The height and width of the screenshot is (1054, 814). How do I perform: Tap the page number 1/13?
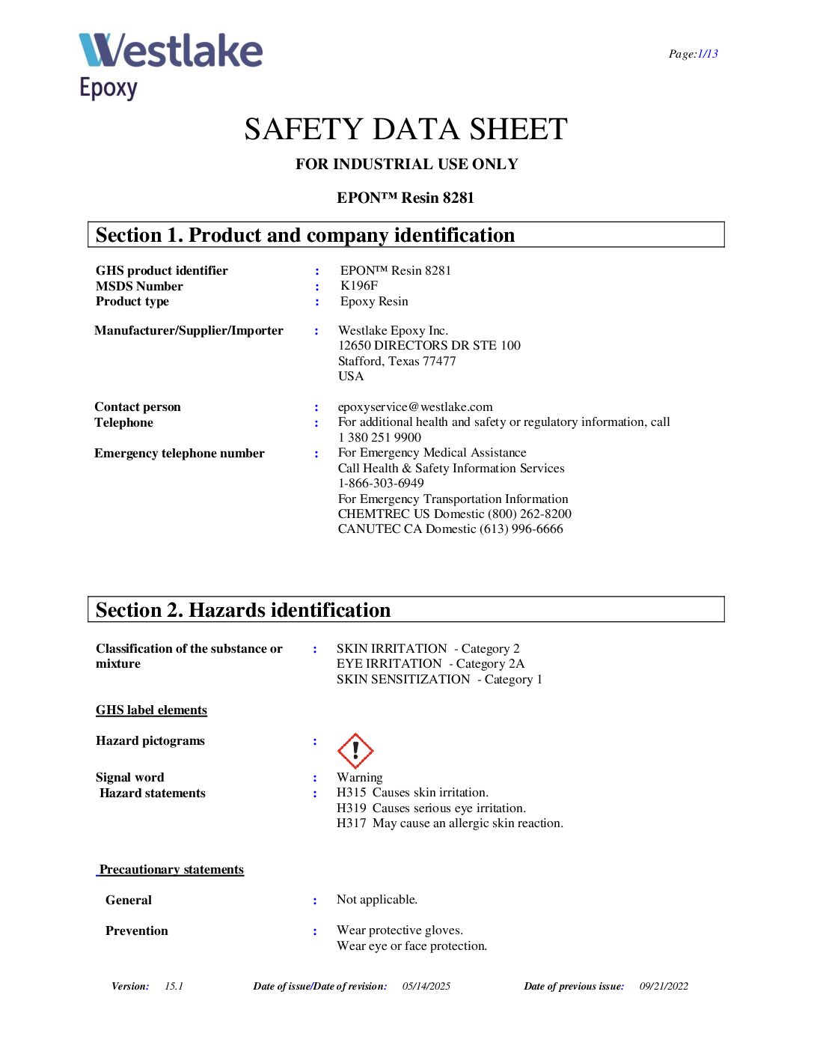pos(707,54)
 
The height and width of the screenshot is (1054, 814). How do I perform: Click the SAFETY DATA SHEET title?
pos(406,130)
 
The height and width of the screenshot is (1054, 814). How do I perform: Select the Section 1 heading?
pos(305,235)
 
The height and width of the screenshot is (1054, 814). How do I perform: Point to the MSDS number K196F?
pos(359,285)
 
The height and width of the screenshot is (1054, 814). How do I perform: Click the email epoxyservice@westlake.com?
pos(415,406)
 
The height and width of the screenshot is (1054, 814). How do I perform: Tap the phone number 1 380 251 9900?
pos(379,437)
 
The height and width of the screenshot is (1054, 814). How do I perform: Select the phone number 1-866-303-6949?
pos(381,483)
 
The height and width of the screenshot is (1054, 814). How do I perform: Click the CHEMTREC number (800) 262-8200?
pos(529,514)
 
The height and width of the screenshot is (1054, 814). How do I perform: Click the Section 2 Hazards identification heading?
pos(243,610)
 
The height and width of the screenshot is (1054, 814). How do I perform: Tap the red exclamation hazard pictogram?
pos(355,750)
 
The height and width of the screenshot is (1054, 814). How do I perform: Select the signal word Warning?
pos(359,777)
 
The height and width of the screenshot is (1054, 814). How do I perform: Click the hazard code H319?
pos(351,808)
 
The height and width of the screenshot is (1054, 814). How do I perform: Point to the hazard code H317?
pos(351,823)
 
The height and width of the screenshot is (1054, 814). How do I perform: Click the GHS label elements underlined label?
pos(151,710)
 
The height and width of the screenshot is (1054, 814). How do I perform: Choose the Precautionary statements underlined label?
pos(171,869)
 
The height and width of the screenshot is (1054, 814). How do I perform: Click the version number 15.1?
pos(174,986)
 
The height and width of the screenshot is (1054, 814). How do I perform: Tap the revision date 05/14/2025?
pos(426,986)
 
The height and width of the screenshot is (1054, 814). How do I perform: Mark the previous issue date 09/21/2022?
pos(664,986)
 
